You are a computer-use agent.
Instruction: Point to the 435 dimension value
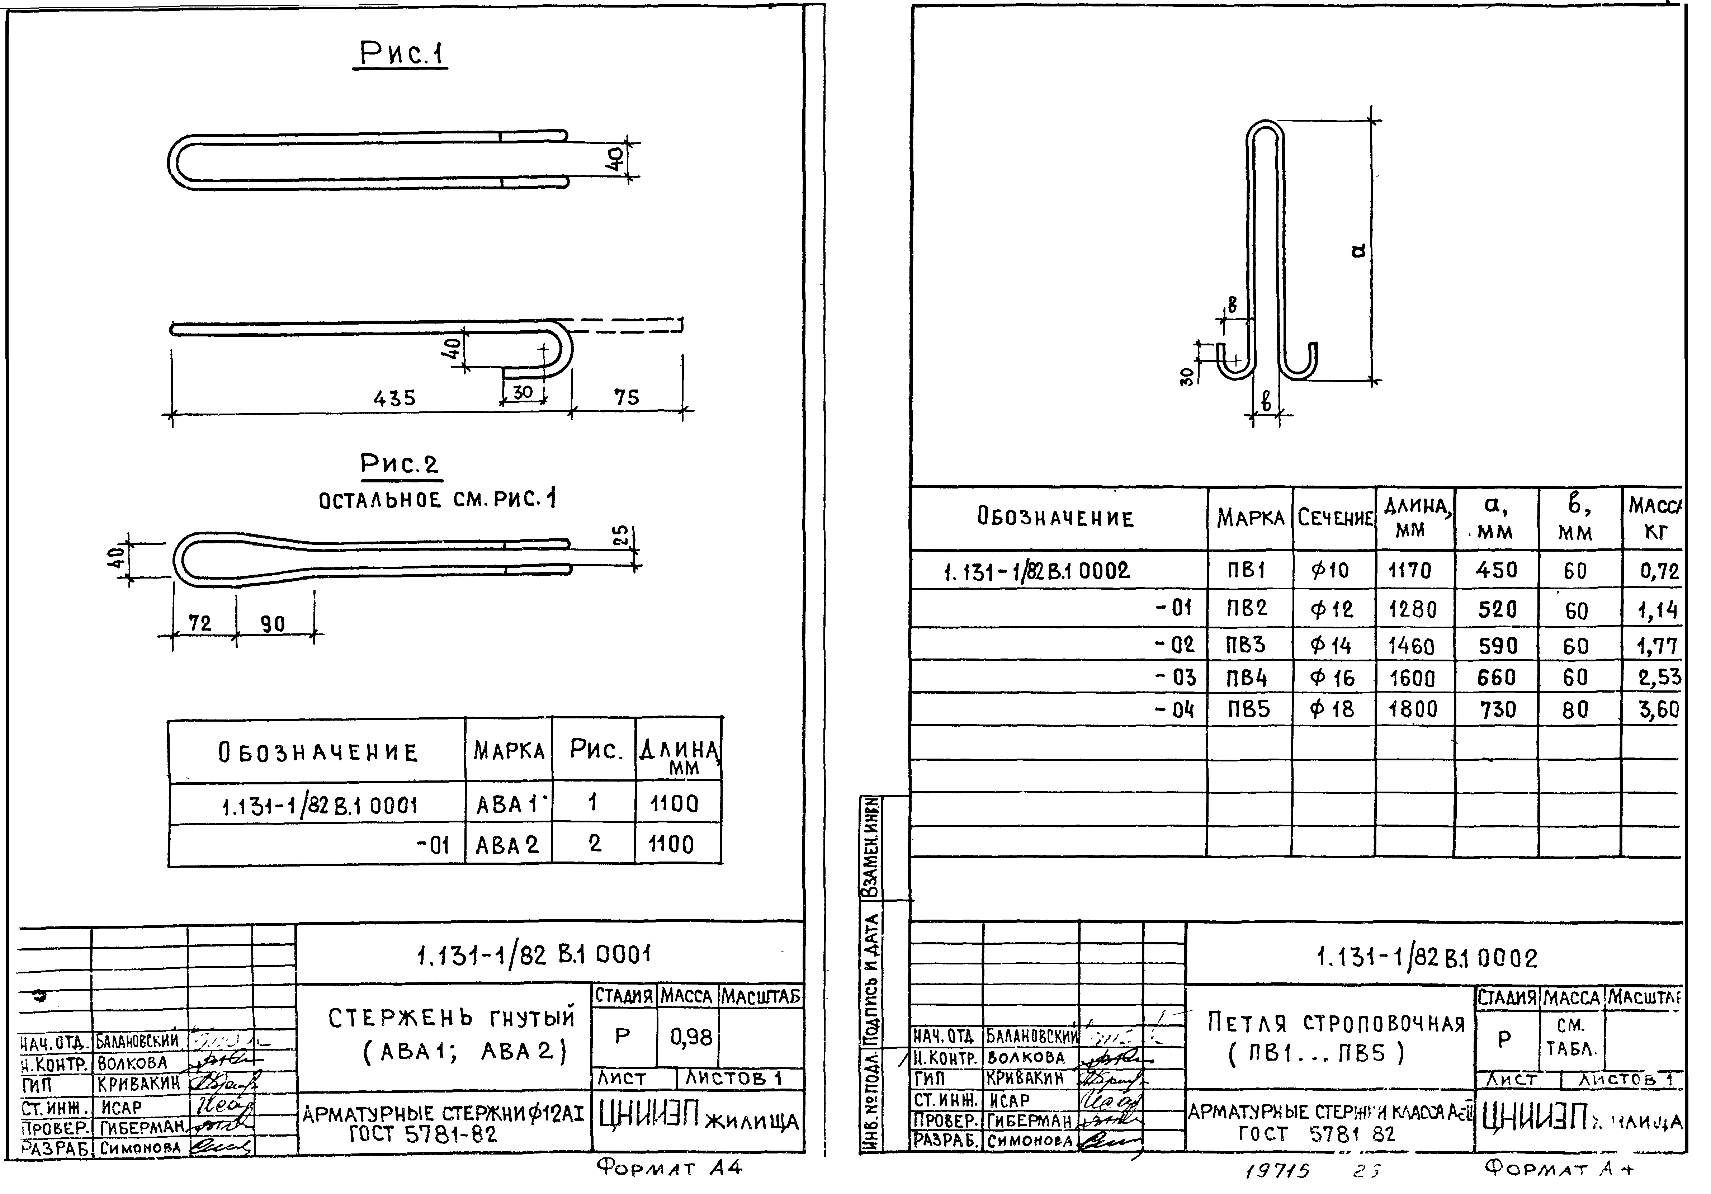coord(394,398)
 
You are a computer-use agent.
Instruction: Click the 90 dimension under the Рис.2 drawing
coord(273,624)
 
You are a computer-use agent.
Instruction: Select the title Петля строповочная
coord(1336,1023)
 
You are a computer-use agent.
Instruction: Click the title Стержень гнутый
coord(452,1018)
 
